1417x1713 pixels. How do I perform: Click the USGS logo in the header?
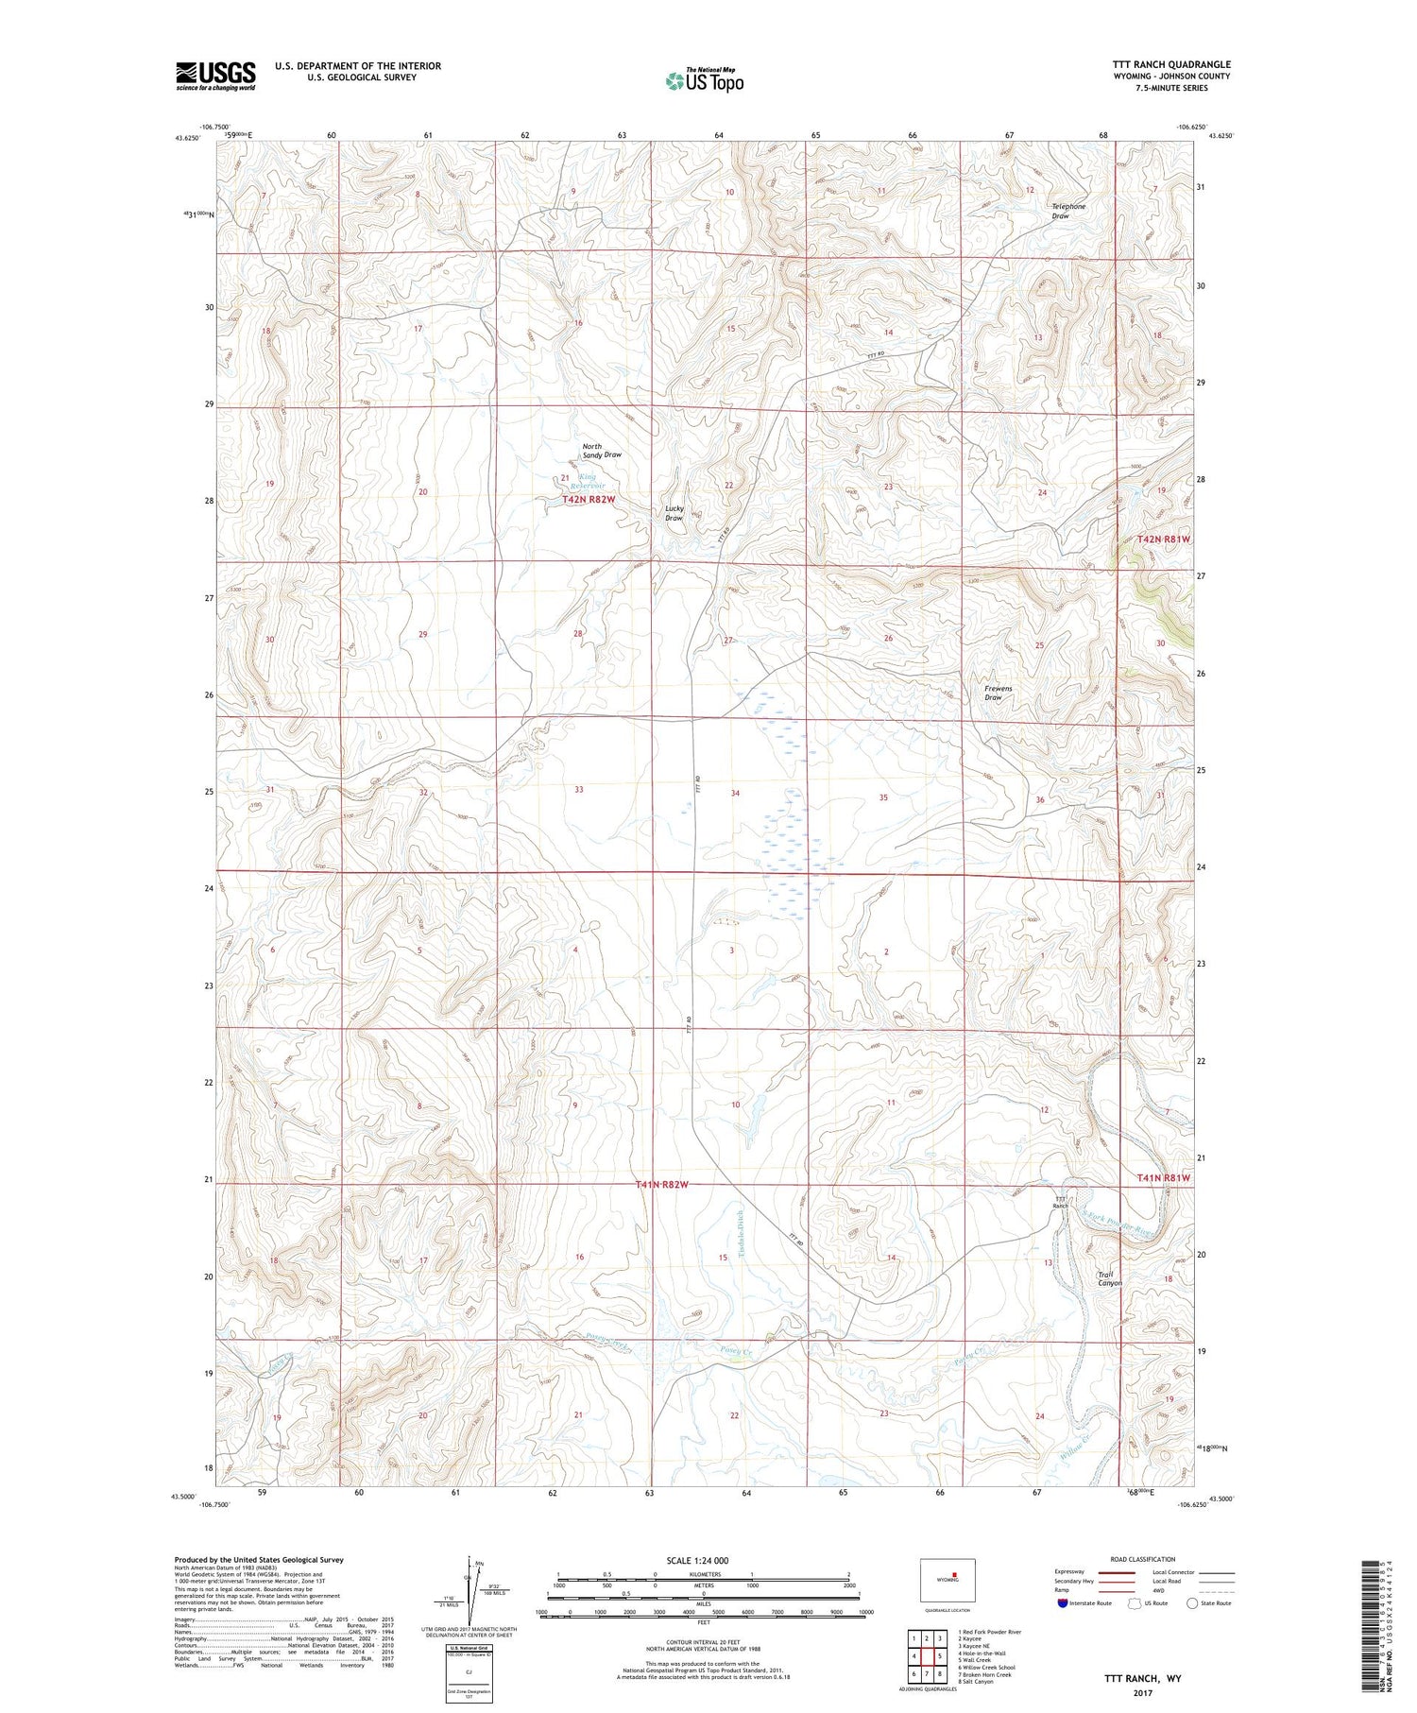[x=215, y=76]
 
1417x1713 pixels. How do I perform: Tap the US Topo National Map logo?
[x=705, y=80]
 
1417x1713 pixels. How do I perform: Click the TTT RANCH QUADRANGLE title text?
[x=1170, y=64]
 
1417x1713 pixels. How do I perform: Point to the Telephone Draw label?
[x=1068, y=211]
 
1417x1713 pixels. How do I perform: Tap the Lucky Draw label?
[x=674, y=513]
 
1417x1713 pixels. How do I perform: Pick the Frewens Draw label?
[x=998, y=693]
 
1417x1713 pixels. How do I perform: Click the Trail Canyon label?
[x=1109, y=1278]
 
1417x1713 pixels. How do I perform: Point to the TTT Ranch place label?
[x=1061, y=1202]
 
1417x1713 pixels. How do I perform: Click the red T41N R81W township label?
[x=1162, y=1178]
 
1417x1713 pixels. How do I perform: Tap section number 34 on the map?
[x=734, y=793]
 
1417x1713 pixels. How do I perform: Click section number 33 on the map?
[x=578, y=789]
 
